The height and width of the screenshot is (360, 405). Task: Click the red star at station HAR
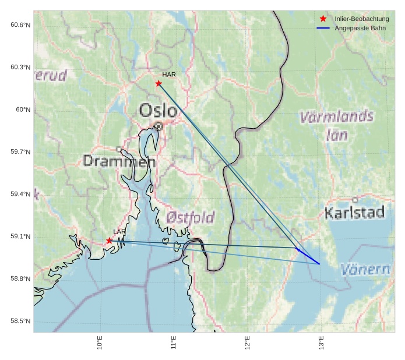coord(159,83)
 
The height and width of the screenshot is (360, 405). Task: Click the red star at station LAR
coord(110,241)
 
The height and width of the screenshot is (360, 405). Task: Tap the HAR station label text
coord(169,75)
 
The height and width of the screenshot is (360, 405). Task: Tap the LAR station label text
coord(119,232)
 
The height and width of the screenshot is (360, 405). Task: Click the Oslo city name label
coord(158,110)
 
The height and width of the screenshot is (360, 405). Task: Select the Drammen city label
coord(119,161)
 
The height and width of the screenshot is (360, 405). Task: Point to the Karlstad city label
coord(354,213)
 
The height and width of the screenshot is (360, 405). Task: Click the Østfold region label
coord(191,217)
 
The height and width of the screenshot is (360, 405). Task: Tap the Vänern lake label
coord(365,270)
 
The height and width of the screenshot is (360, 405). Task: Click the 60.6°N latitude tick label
coord(20,24)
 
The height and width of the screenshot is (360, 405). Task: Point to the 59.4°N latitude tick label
coord(20,194)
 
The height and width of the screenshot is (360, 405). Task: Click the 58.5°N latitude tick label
coord(20,321)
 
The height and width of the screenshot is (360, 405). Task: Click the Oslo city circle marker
coord(159,126)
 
